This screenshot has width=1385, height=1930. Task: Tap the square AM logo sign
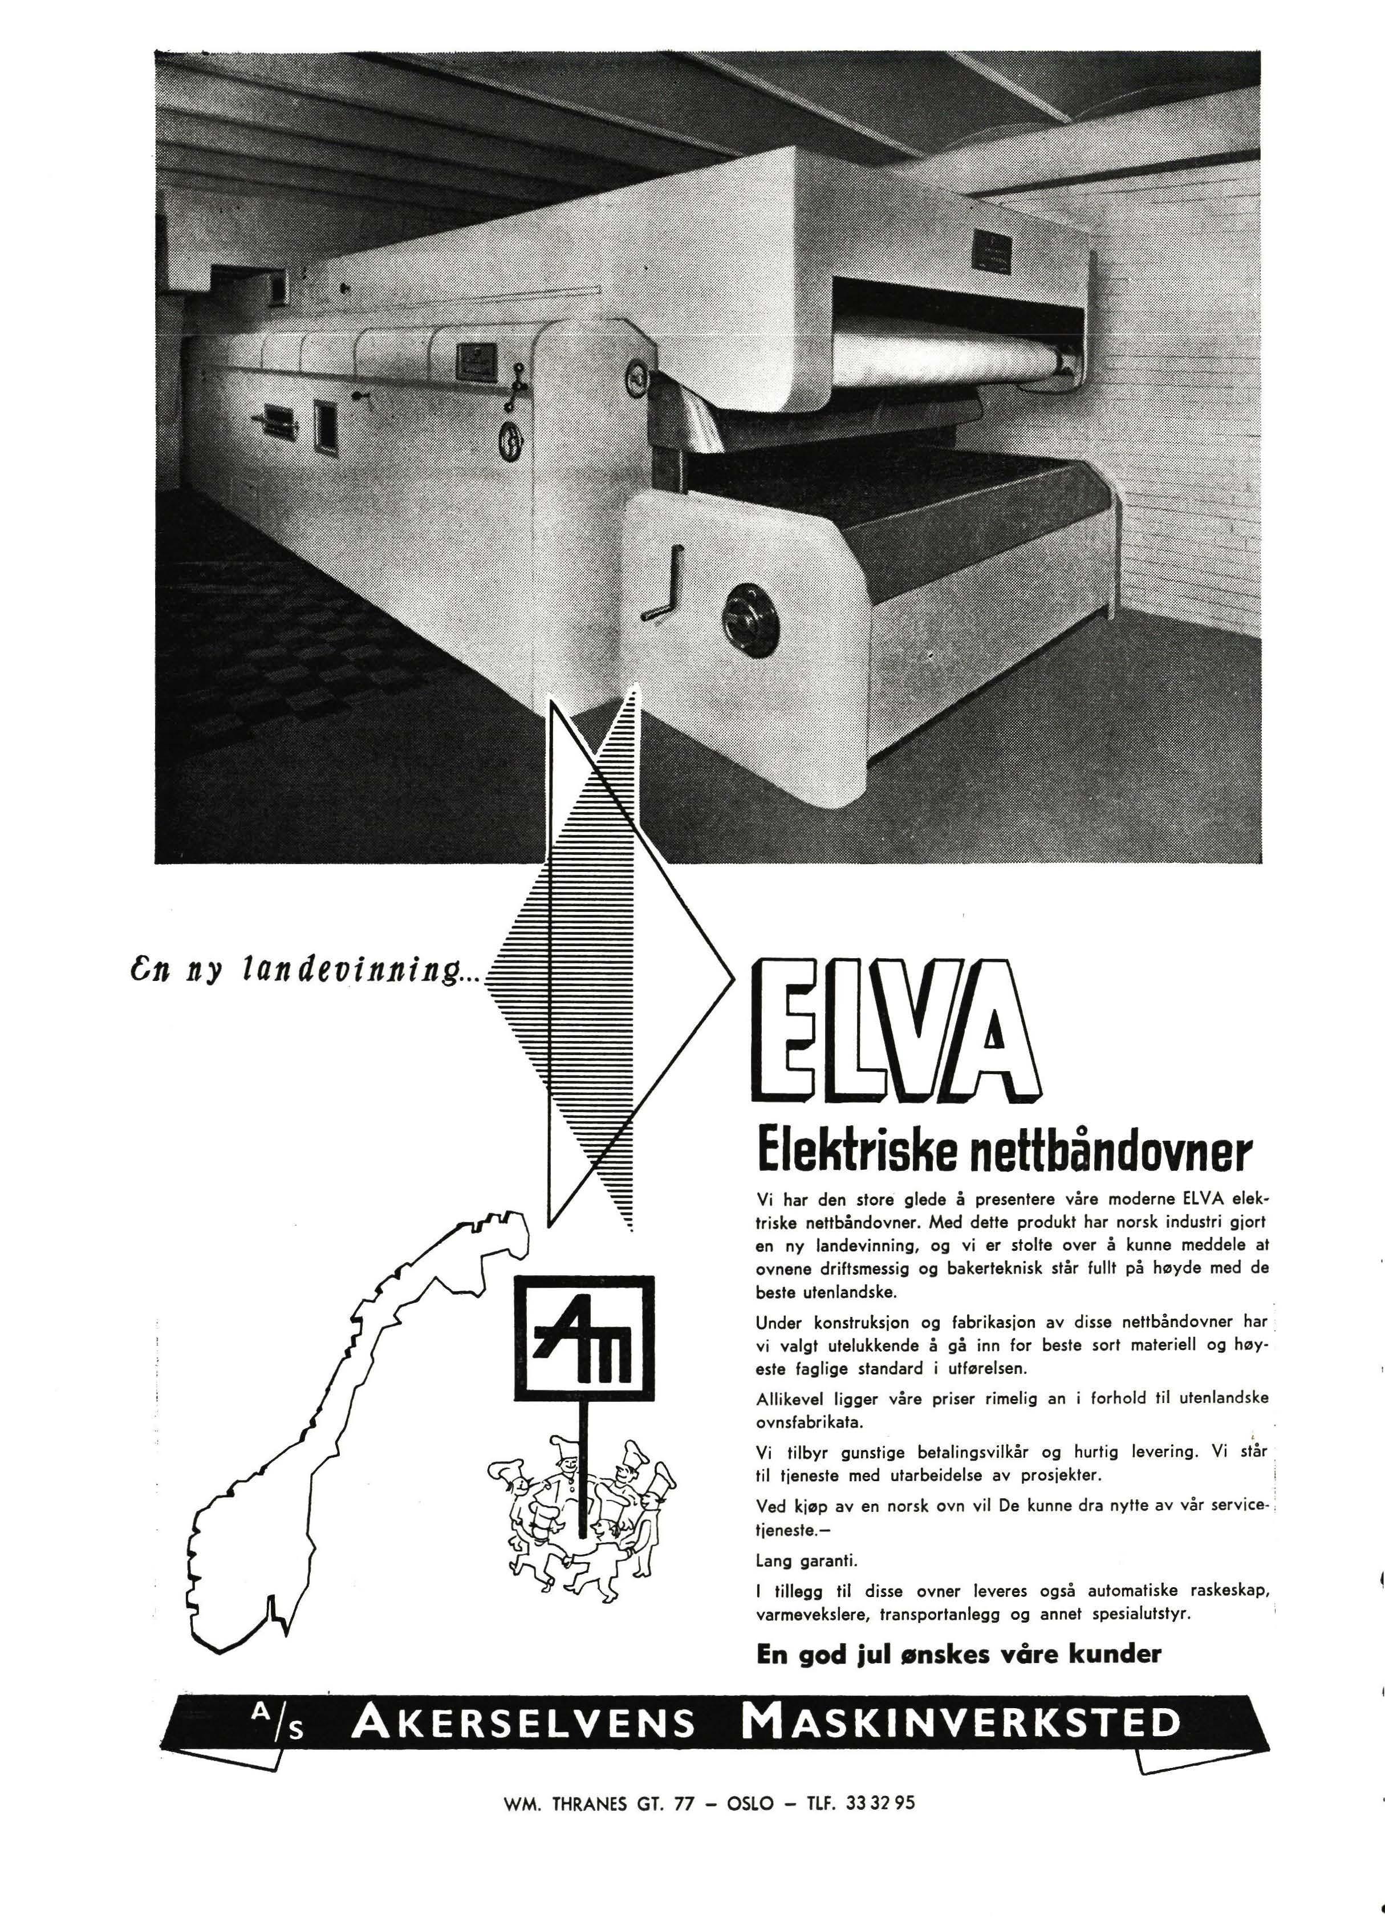click(584, 1338)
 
